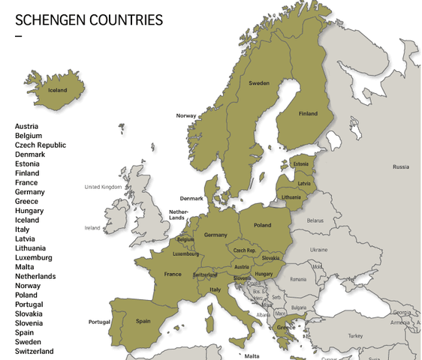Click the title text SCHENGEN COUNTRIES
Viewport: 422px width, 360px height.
[89, 20]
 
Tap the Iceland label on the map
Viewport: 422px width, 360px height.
[58, 90]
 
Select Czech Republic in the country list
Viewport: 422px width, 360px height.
[41, 145]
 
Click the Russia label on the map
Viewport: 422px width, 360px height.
[401, 166]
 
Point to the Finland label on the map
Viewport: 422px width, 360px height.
[308, 114]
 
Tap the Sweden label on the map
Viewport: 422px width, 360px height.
[259, 83]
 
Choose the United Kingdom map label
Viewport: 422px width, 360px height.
[103, 187]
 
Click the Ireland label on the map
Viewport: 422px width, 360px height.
[92, 228]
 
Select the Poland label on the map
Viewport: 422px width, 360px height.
[262, 225]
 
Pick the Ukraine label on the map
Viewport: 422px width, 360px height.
[319, 249]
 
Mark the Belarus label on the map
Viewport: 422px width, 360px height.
[315, 220]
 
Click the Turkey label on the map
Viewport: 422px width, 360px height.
[354, 335]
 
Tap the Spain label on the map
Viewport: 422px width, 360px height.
[143, 321]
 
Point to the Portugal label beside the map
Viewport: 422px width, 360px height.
[99, 322]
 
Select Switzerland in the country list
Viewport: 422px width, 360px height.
[35, 351]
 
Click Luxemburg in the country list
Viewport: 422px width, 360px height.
[34, 257]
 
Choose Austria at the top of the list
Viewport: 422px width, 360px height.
[26, 126]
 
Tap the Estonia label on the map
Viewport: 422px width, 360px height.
[300, 164]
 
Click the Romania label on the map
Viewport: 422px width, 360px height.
[298, 279]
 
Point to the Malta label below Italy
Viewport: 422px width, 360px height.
[252, 356]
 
